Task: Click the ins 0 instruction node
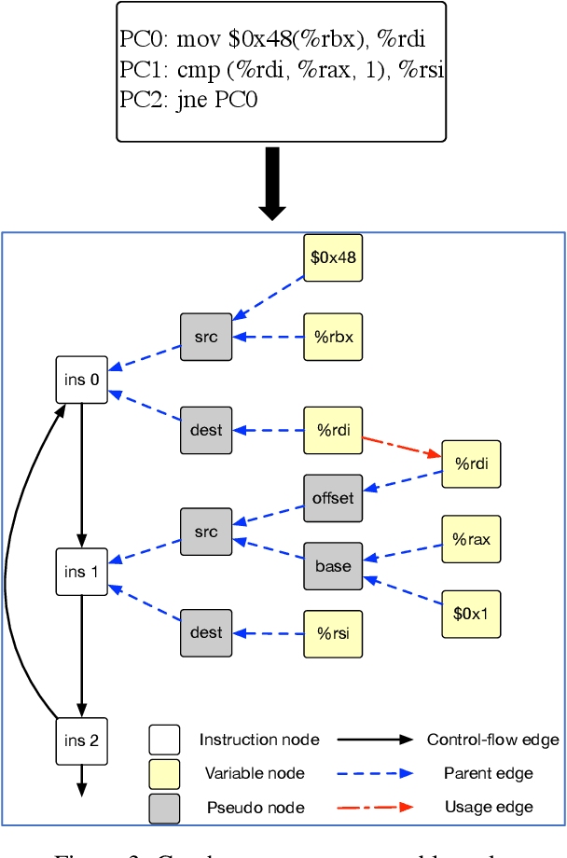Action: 81,380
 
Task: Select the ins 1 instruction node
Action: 81,573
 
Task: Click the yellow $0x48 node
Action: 333,257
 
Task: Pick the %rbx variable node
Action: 333,337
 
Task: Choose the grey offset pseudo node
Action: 333,498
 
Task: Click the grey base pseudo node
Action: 333,566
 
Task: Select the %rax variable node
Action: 471,539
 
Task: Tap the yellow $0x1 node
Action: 471,614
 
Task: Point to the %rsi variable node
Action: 333,633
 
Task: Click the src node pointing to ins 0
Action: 206,337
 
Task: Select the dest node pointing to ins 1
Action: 206,633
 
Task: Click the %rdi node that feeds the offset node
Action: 471,464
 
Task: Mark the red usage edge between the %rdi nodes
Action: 401,446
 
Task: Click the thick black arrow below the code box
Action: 272,182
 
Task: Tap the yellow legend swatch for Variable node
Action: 164,773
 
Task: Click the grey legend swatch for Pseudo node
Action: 164,807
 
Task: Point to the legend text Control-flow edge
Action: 492,740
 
